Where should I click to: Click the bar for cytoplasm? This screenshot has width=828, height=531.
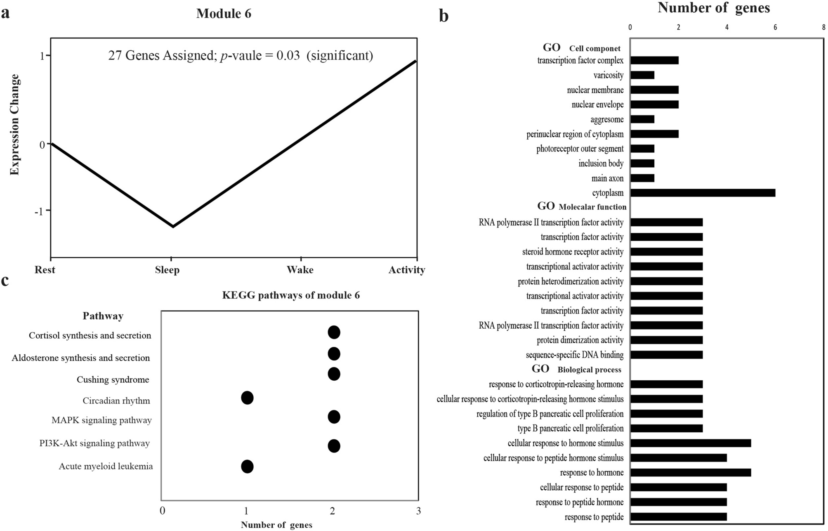click(703, 193)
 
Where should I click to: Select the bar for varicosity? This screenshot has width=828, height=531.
click(642, 75)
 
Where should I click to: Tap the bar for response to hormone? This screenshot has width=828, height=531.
click(690, 472)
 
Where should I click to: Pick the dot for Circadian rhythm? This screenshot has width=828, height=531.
click(247, 398)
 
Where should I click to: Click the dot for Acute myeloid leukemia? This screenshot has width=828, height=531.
click(247, 467)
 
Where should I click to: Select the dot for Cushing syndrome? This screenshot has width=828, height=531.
click(334, 374)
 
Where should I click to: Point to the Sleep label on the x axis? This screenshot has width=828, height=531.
click(167, 270)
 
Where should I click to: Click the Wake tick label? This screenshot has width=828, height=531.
click(300, 270)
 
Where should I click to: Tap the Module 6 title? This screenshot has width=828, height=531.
click(224, 14)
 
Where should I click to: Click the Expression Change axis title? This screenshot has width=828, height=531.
click(15, 124)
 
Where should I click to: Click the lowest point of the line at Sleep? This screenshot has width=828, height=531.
click(172, 226)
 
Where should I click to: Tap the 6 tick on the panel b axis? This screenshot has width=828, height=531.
click(775, 27)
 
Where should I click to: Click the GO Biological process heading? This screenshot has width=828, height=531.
click(576, 369)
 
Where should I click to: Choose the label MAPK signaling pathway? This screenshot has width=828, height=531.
click(101, 420)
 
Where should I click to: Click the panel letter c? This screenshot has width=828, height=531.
click(5, 280)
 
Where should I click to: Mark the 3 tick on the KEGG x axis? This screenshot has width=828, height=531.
click(418, 511)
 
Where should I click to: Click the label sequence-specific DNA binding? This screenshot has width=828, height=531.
click(574, 355)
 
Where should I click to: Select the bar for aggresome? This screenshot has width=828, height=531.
click(642, 119)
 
